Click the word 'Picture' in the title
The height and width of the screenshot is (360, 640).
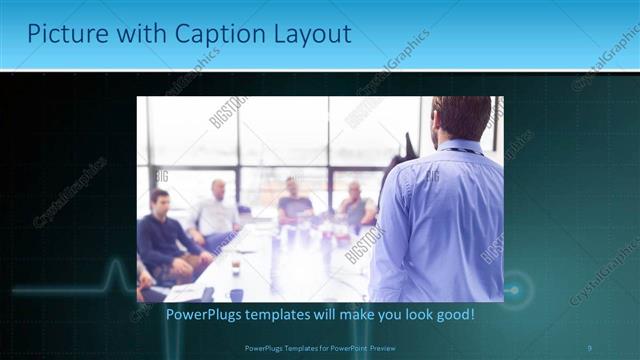63,34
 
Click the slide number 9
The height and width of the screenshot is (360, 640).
589,347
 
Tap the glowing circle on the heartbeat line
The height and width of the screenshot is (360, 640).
513,290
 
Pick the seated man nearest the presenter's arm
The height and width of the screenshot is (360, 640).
356,204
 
